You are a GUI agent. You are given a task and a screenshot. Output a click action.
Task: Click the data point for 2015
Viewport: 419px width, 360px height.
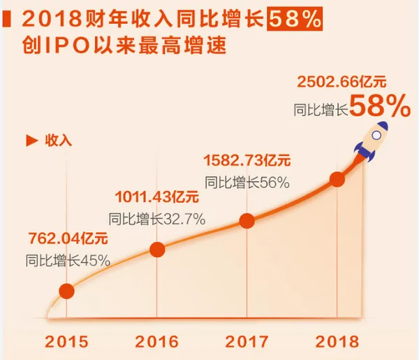coord(67,291)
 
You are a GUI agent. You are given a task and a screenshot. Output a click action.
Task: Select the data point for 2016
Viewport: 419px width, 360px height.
coord(157,250)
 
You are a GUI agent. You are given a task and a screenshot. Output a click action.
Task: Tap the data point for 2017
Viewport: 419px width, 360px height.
coord(247,221)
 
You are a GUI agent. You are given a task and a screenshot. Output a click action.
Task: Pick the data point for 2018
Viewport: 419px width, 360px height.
coord(337,180)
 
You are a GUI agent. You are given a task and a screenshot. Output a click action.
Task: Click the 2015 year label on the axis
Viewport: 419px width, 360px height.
coord(67,342)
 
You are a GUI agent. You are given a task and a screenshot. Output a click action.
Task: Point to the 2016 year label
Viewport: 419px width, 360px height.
coord(157,342)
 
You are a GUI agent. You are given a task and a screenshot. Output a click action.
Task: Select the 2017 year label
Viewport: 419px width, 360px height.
coord(247,342)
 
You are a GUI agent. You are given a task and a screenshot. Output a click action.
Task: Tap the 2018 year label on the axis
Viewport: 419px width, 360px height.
coord(337,342)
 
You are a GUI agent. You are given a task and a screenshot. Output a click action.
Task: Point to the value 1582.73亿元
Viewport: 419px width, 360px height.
coord(246,160)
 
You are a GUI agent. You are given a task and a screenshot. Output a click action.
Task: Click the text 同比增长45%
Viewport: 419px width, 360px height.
coord(67,261)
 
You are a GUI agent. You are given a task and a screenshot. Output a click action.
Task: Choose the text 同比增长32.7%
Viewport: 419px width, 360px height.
coord(157,218)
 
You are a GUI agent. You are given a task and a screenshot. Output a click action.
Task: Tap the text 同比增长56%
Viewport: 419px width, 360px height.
coord(247,181)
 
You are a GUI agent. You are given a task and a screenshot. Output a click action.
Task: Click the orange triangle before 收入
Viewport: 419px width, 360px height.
coord(30,140)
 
